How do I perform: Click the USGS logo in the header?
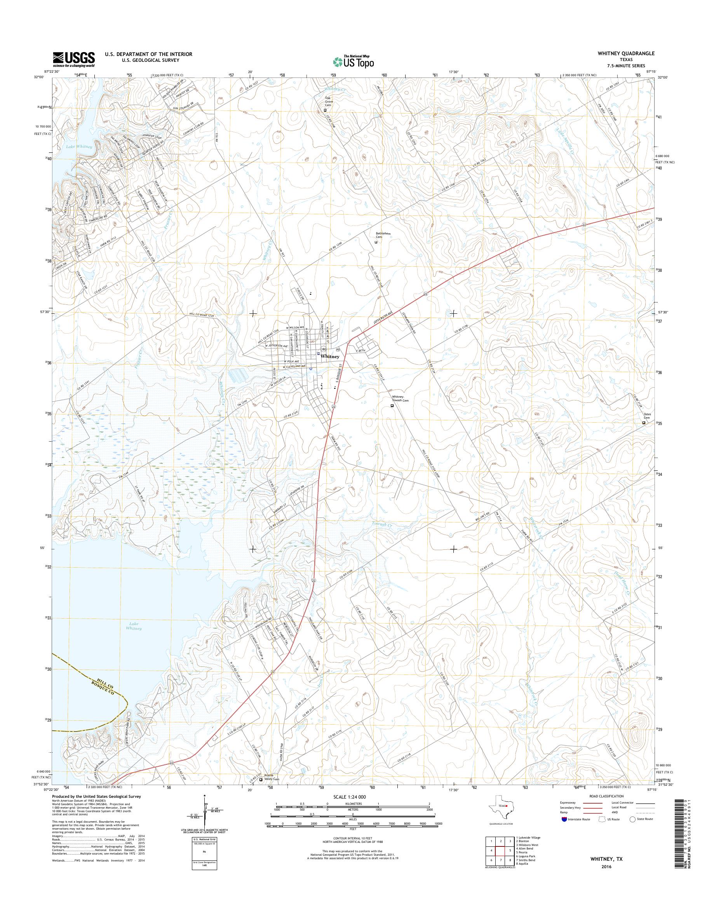click(x=74, y=59)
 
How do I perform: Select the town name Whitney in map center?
click(x=330, y=356)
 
